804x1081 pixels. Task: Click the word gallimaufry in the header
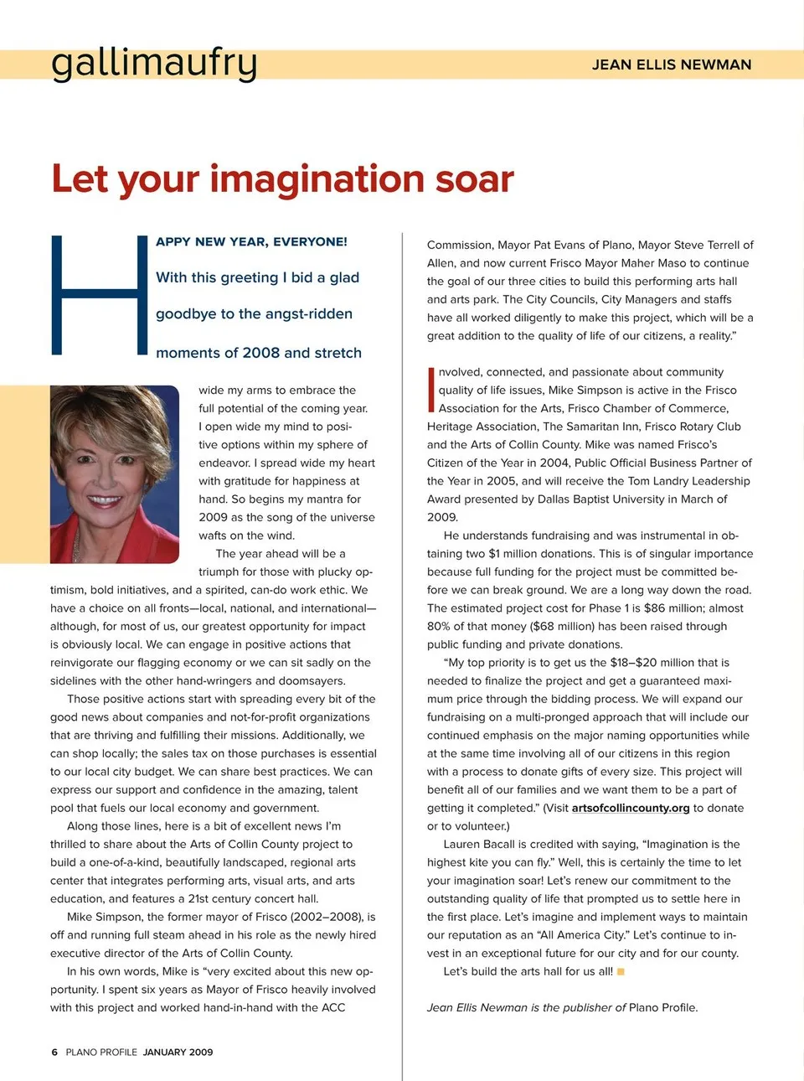click(x=154, y=63)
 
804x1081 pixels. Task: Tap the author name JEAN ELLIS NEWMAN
click(x=671, y=65)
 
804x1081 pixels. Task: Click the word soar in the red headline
click(x=473, y=178)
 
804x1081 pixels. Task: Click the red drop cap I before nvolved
click(x=431, y=389)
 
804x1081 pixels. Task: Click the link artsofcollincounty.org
click(x=631, y=808)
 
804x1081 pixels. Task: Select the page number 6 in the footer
click(x=54, y=1052)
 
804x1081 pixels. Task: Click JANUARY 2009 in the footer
click(x=178, y=1052)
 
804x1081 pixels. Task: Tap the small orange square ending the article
click(x=621, y=972)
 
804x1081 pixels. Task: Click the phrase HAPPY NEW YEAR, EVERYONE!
click(x=251, y=241)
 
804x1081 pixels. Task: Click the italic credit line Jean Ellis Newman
click(x=477, y=1007)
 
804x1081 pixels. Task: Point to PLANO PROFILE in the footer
click(x=101, y=1052)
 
